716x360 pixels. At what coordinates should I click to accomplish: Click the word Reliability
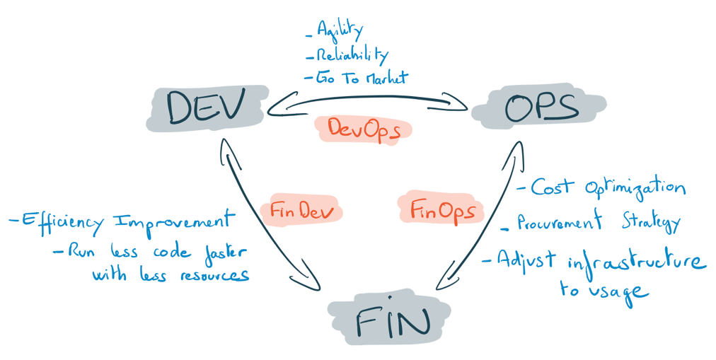pyautogui.click(x=352, y=54)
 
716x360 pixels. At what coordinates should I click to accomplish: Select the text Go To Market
pyautogui.click(x=362, y=77)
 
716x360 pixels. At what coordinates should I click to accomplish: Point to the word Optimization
pyautogui.click(x=635, y=187)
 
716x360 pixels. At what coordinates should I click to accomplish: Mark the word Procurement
pyautogui.click(x=560, y=223)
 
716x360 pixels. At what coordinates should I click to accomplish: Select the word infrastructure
pyautogui.click(x=636, y=263)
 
